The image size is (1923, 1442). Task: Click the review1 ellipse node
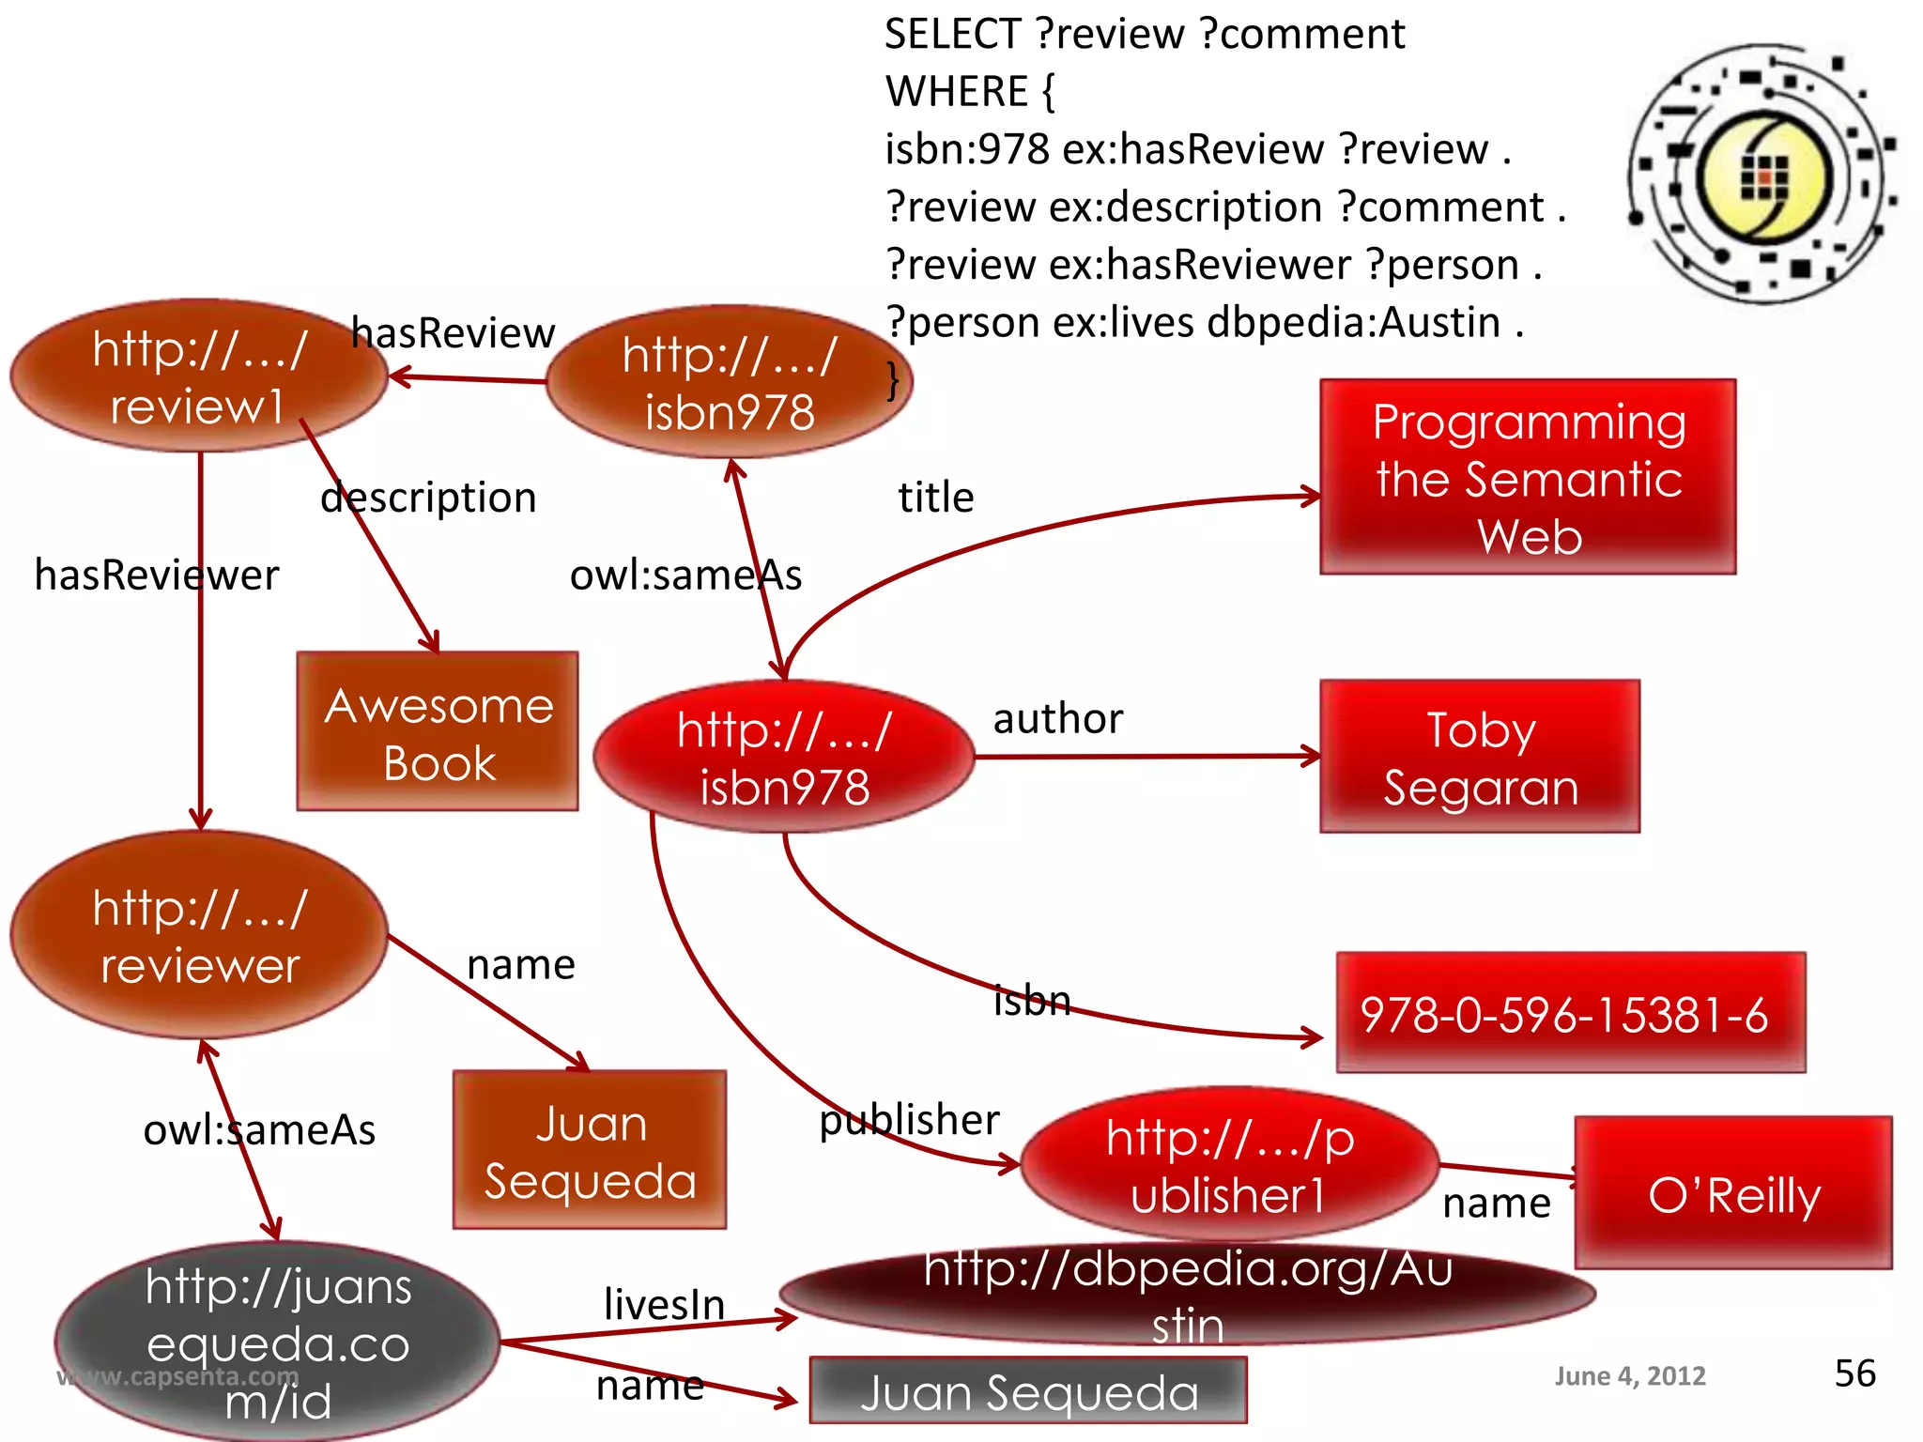click(198, 376)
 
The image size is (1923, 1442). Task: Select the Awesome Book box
click(438, 731)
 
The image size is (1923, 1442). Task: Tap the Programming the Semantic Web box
click(1528, 477)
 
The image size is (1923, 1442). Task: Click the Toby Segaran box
click(1480, 757)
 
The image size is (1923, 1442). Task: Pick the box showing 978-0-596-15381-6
click(1570, 1013)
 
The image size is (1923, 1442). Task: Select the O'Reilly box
click(1733, 1193)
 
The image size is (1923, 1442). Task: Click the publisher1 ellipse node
click(1229, 1165)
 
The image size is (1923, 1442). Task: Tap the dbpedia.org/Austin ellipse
click(1187, 1295)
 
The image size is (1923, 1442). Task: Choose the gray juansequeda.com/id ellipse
click(278, 1342)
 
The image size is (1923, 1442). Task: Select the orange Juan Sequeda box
click(590, 1150)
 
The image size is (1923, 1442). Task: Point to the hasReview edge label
click(453, 333)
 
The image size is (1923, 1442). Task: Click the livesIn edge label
click(664, 1304)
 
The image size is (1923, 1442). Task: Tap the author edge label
click(1057, 719)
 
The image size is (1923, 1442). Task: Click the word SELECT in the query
click(951, 35)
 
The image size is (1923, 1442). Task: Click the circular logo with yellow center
click(1762, 175)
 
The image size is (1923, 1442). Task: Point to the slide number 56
click(1854, 1373)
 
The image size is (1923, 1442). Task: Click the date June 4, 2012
click(1629, 1376)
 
